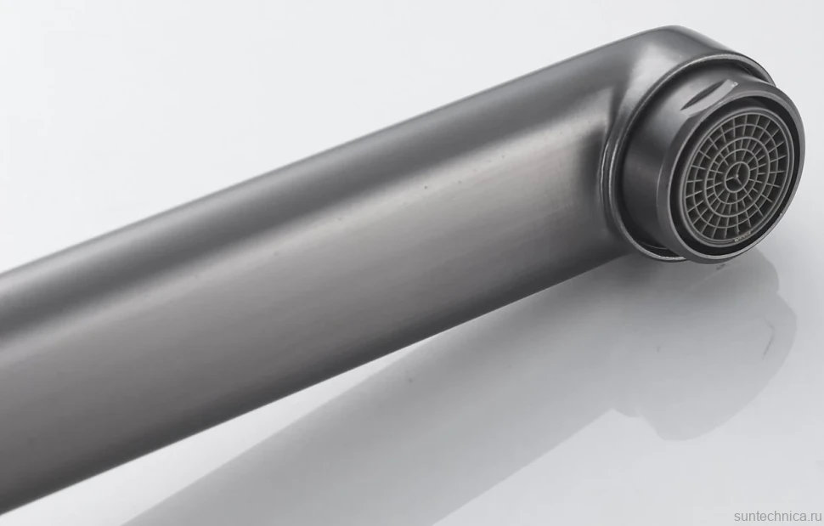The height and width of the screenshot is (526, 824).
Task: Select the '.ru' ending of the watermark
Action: click(815, 517)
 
